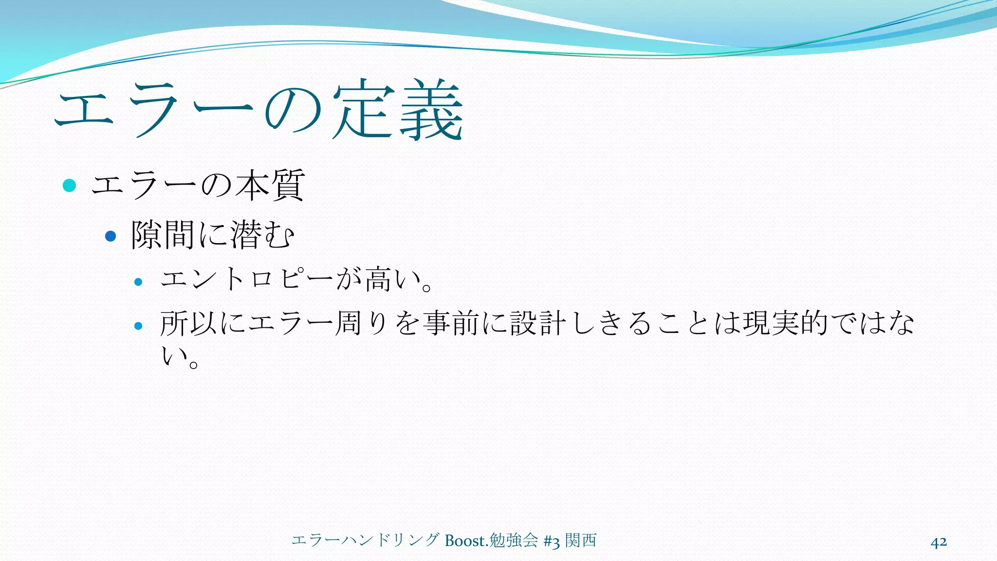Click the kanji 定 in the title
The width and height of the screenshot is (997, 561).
[x=363, y=110]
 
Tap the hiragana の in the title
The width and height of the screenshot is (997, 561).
[x=294, y=110]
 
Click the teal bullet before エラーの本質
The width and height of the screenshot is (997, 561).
[x=70, y=186]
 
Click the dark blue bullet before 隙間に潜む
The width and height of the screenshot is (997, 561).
[x=111, y=236]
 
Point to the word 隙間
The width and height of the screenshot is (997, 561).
[x=163, y=235]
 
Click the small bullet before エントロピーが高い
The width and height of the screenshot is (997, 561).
[x=138, y=281]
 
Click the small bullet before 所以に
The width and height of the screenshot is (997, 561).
[x=138, y=326]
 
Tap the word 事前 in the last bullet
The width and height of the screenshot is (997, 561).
[x=451, y=323]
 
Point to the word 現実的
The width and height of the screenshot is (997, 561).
[x=786, y=323]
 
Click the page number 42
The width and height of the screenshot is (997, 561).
[x=939, y=542]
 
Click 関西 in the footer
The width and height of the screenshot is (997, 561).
[x=581, y=541]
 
